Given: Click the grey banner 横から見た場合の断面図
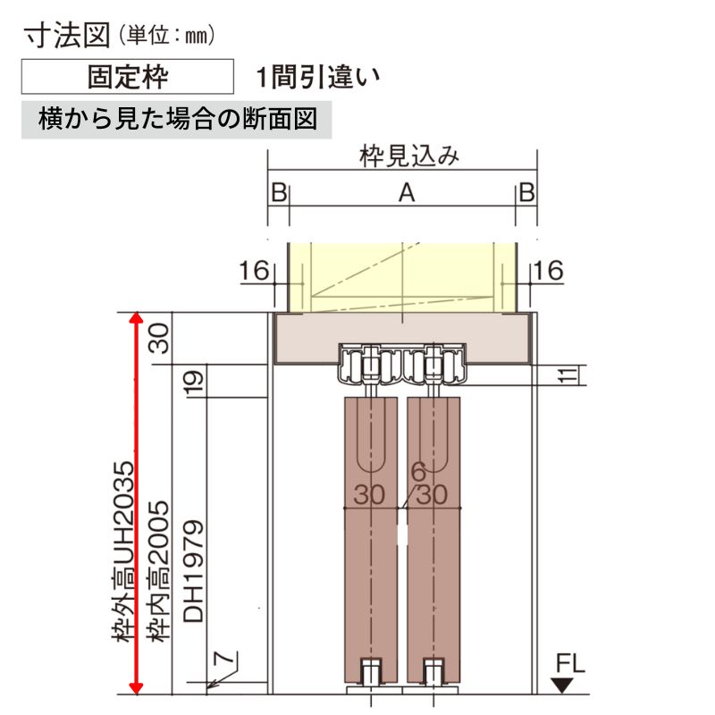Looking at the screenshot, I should point(177,120).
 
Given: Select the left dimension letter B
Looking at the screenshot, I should point(278,193).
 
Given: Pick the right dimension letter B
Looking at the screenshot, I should point(526,193).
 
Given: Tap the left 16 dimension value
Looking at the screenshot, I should point(255,270).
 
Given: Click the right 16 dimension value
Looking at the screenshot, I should point(549,270).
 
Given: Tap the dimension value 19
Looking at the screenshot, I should point(195,383).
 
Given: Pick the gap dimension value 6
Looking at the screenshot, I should point(417,471).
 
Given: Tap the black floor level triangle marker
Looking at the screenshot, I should point(561,686).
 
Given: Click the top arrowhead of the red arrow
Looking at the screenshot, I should point(135,319).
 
